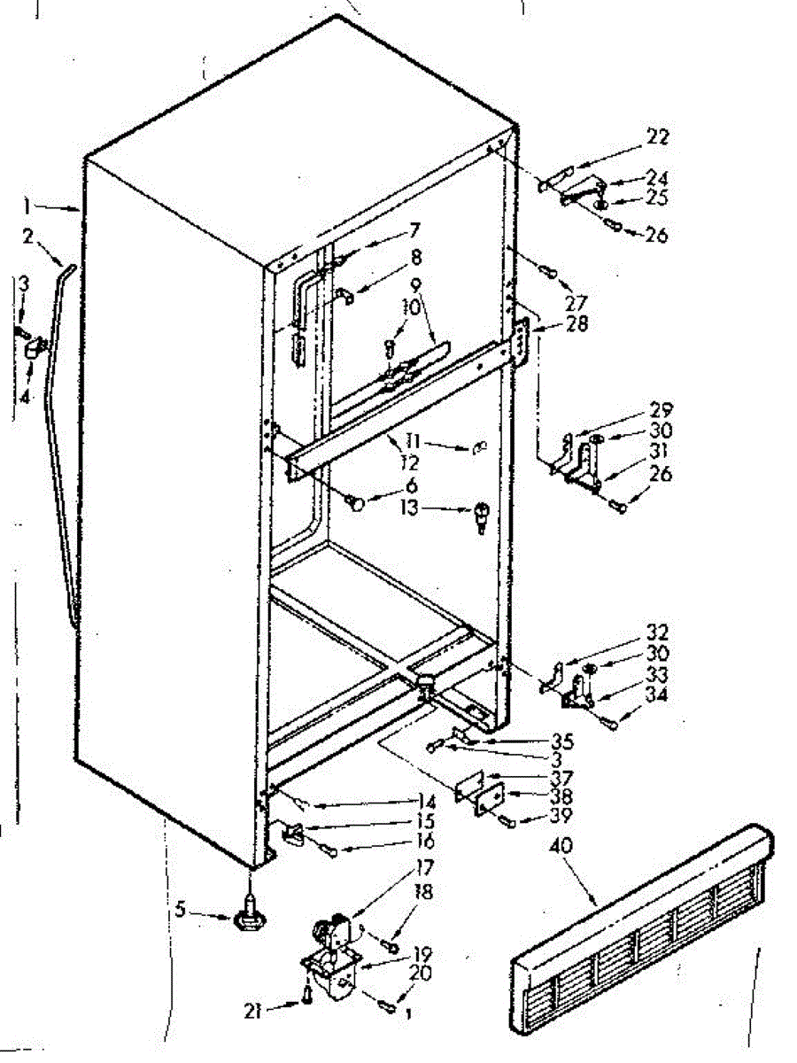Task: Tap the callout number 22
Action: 658,137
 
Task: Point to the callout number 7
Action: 414,229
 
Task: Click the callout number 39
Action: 558,815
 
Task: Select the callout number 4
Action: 25,398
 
